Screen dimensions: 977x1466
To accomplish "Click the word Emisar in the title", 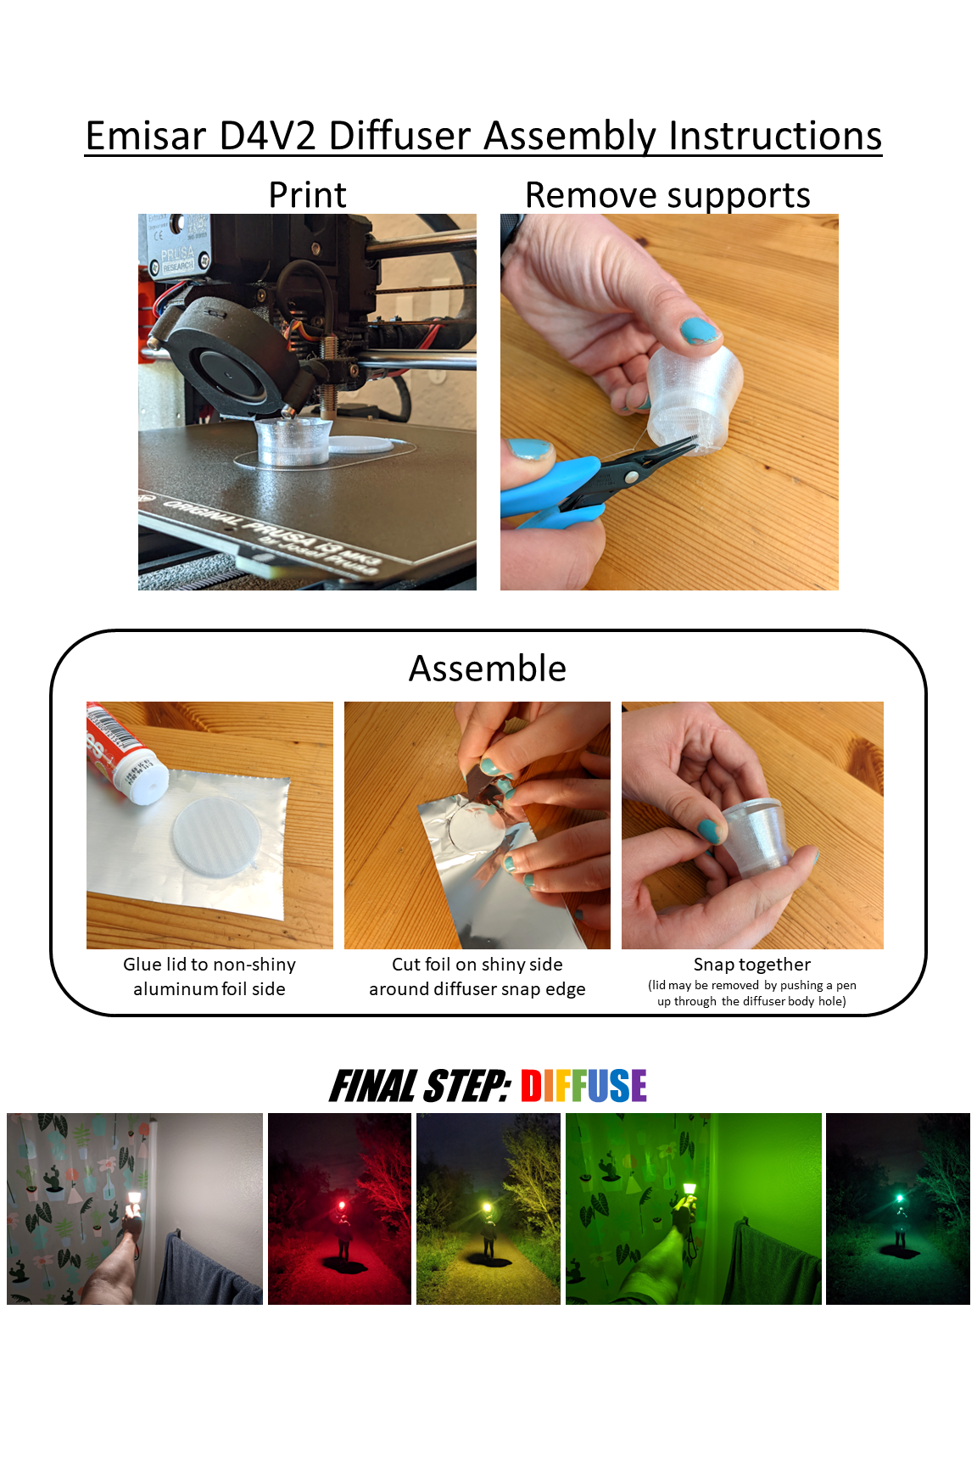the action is click(x=146, y=136).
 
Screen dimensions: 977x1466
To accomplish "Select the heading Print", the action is click(x=307, y=195).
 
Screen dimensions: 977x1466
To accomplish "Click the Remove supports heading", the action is click(x=667, y=196).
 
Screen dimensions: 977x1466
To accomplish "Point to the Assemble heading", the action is click(x=488, y=669).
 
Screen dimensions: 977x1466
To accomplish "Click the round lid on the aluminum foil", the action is click(x=216, y=833).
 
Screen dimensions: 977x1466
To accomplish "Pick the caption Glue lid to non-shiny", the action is click(x=209, y=965).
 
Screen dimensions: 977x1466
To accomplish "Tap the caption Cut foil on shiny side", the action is click(x=477, y=965).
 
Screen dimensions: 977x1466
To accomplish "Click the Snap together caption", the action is click(x=752, y=965).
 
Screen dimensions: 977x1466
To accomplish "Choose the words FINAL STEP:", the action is click(x=420, y=1086).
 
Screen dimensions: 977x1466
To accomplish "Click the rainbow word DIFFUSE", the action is click(x=583, y=1086).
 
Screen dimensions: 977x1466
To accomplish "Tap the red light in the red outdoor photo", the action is click(x=342, y=1206).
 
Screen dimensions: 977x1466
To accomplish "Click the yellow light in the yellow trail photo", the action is click(x=487, y=1207).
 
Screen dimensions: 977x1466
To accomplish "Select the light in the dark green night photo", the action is click(x=900, y=1199).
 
